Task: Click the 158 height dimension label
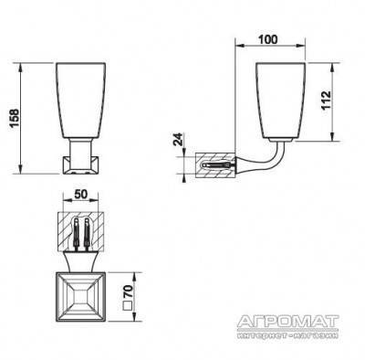[15, 118]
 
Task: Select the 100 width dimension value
[267, 39]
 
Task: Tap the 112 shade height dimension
[326, 101]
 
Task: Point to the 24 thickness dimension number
[179, 139]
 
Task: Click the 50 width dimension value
[80, 194]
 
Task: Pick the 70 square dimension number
[129, 291]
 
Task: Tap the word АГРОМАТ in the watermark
[287, 322]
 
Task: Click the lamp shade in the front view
[80, 101]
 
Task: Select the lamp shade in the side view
[280, 101]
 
